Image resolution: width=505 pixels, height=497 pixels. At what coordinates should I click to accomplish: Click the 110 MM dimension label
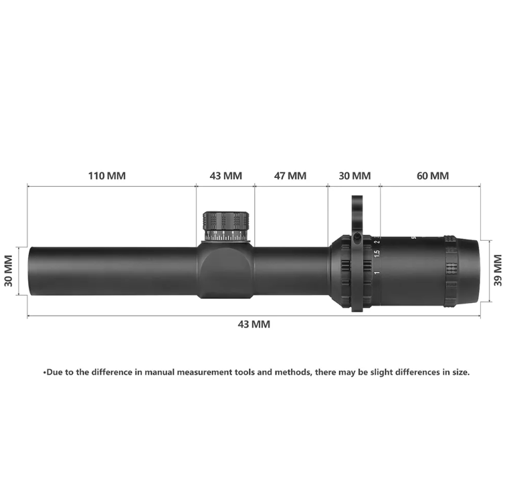coord(107,176)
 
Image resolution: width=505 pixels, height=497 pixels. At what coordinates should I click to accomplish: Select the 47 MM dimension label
coord(290,176)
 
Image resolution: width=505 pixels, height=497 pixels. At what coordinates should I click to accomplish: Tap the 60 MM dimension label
coord(432,176)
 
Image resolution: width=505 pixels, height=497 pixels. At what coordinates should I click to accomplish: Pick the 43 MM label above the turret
coord(225,176)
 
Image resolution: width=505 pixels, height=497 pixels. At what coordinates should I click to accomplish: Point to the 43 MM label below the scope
coord(254,324)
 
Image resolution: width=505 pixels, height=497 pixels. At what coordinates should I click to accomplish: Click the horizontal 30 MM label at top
coord(354,176)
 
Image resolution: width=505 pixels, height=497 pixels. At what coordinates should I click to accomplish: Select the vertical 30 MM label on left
coord(9,271)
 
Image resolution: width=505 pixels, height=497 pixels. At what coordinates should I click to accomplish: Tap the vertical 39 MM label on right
coord(497,271)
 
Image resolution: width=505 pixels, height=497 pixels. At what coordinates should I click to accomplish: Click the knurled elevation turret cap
coord(226,220)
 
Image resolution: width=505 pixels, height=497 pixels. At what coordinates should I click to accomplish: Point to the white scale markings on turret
coord(226,235)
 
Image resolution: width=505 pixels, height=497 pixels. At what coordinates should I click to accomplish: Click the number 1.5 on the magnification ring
coord(377,254)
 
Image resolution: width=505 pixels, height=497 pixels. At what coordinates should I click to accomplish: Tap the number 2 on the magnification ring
coord(377,241)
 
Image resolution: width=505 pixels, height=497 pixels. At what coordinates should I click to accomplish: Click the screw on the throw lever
coord(357,237)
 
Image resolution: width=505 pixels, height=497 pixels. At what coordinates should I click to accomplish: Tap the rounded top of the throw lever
coord(357,200)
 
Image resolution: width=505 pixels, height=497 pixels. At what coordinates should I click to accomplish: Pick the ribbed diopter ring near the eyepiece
coord(450,271)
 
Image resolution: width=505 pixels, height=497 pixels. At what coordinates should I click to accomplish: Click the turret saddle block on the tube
coord(225,271)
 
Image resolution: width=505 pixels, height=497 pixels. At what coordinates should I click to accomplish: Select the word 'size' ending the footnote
coord(459,372)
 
